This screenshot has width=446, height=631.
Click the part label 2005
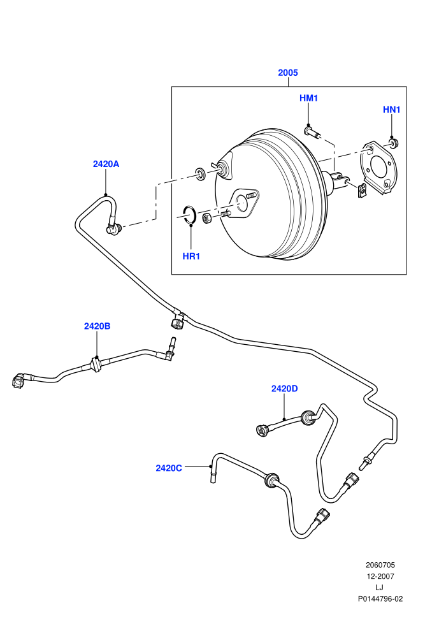288,73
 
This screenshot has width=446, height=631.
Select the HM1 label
308,98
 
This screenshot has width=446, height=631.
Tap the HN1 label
391,110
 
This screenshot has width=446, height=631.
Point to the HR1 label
191,256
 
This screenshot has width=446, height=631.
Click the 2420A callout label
106,164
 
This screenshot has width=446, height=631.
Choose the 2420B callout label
97,326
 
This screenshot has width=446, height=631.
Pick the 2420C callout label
169,468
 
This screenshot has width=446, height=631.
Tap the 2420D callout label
284,388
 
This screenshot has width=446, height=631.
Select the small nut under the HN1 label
393,143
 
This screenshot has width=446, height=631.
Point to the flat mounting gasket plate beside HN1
377,167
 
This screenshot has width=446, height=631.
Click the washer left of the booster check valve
200,173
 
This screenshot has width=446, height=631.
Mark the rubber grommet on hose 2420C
271,480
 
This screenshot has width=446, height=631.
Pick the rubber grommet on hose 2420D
308,417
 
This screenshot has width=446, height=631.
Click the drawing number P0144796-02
380,598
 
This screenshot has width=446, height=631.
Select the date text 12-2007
380,576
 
